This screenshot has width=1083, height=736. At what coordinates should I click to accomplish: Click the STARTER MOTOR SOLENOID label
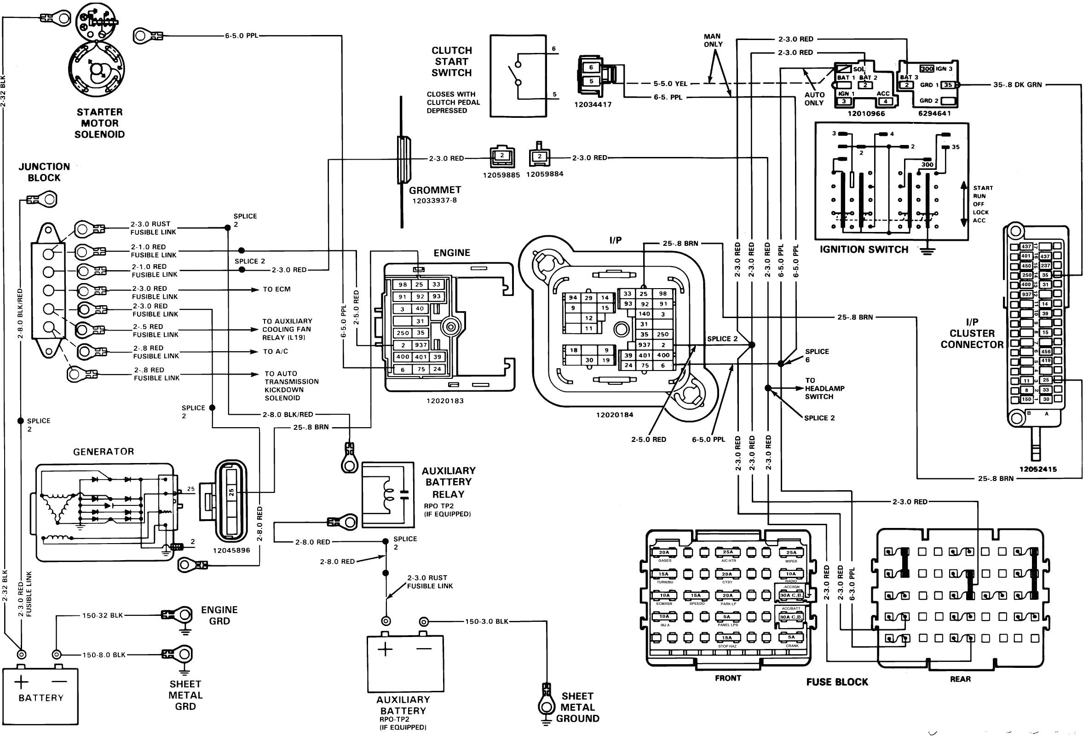100,123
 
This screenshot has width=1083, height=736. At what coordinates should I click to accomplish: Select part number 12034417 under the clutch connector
593,104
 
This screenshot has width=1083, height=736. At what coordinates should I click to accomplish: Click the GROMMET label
435,190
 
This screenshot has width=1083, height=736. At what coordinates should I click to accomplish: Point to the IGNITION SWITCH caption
864,249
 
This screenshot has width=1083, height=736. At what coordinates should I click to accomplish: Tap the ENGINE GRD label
219,615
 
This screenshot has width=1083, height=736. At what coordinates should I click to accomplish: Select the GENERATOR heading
104,451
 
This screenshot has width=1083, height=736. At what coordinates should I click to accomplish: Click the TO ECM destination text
277,289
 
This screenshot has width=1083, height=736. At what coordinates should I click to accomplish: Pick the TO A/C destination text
276,352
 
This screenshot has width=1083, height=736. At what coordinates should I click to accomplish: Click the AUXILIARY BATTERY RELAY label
448,482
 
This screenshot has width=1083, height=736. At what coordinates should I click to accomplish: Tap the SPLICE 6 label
817,355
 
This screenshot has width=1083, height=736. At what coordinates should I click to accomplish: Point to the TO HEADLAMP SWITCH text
824,388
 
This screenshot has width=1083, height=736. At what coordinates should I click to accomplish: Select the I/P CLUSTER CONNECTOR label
972,333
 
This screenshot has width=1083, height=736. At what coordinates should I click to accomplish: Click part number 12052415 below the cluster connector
1037,469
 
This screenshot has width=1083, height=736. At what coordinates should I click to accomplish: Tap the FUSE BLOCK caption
837,682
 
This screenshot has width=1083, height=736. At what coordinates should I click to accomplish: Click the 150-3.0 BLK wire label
486,621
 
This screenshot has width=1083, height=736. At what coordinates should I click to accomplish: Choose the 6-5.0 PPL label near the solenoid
241,35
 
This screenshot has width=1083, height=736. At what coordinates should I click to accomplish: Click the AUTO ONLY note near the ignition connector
814,99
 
